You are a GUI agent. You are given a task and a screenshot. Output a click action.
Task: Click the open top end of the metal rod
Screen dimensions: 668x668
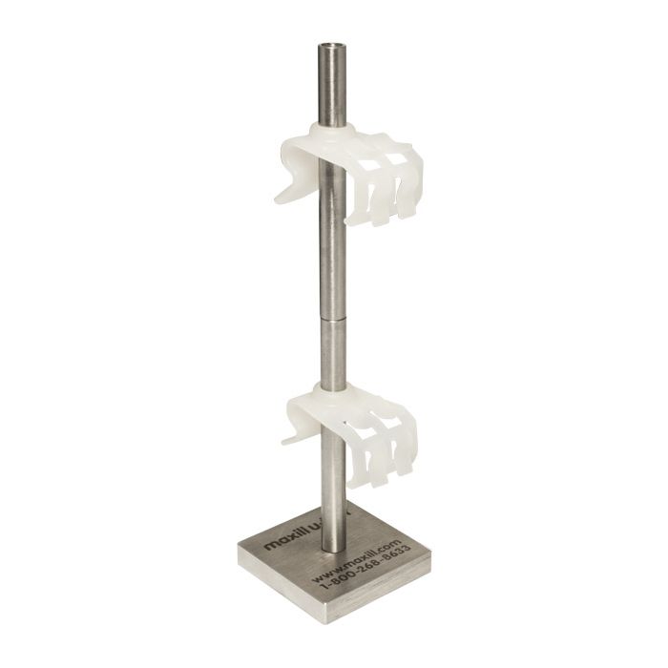[x=330, y=44]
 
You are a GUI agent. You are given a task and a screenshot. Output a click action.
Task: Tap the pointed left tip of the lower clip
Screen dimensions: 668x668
[x=285, y=443]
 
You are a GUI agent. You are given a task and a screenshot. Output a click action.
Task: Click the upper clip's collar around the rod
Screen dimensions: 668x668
[x=330, y=134]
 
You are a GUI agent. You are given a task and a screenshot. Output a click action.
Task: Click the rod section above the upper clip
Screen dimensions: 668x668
[x=330, y=86]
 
